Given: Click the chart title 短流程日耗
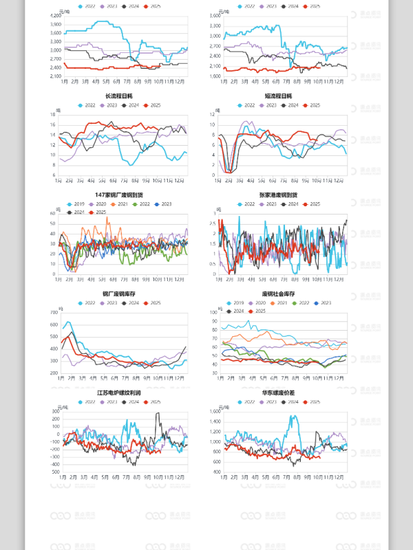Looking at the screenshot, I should (x=278, y=96).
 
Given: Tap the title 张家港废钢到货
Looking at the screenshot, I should (x=278, y=195).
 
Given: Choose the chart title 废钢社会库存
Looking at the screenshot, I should (x=278, y=294).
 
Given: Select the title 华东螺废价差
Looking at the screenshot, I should (x=278, y=393).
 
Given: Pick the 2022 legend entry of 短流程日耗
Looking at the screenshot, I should (x=246, y=105).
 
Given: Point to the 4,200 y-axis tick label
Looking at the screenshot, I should (x=56, y=14).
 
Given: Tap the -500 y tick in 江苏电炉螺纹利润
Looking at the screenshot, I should (x=55, y=472).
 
